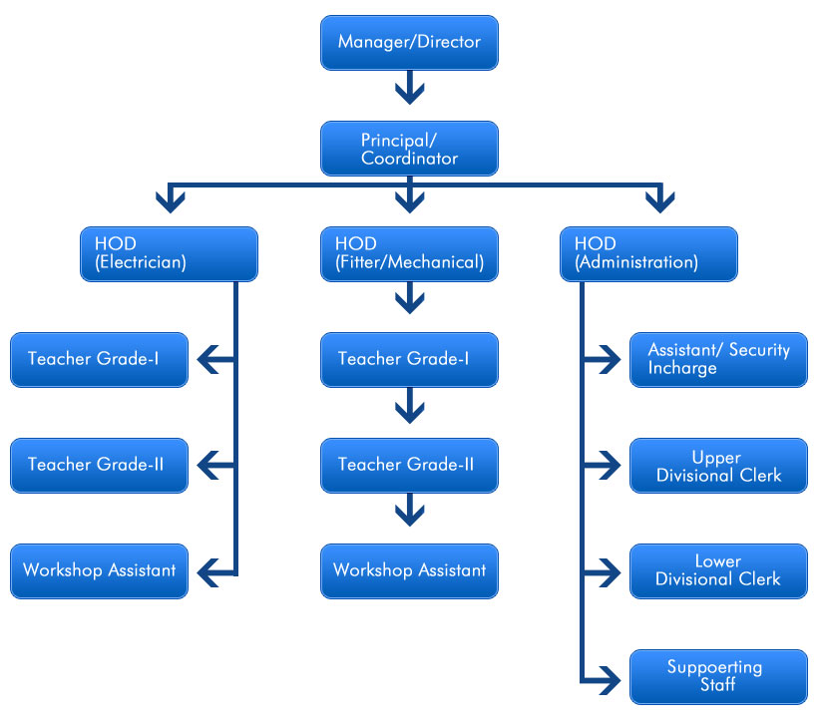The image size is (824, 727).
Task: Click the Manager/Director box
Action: tap(409, 43)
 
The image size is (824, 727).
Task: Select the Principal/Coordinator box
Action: tap(409, 149)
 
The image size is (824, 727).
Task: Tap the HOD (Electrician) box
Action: tap(169, 254)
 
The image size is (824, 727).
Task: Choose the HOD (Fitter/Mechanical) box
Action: tap(409, 254)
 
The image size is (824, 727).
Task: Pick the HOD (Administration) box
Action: tap(649, 254)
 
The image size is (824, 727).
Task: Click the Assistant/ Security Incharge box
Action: tap(718, 360)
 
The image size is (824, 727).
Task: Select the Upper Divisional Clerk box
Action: tap(718, 466)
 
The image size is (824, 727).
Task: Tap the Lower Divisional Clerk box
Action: tap(718, 571)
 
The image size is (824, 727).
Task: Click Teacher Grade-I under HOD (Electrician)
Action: tap(99, 360)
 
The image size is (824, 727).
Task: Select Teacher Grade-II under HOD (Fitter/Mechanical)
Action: tap(409, 466)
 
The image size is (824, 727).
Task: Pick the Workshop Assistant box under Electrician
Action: tap(99, 571)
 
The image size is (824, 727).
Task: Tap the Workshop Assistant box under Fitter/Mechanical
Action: tap(409, 571)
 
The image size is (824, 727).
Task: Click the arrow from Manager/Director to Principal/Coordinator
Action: tap(409, 90)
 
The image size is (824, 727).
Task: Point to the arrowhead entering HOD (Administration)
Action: tap(658, 201)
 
